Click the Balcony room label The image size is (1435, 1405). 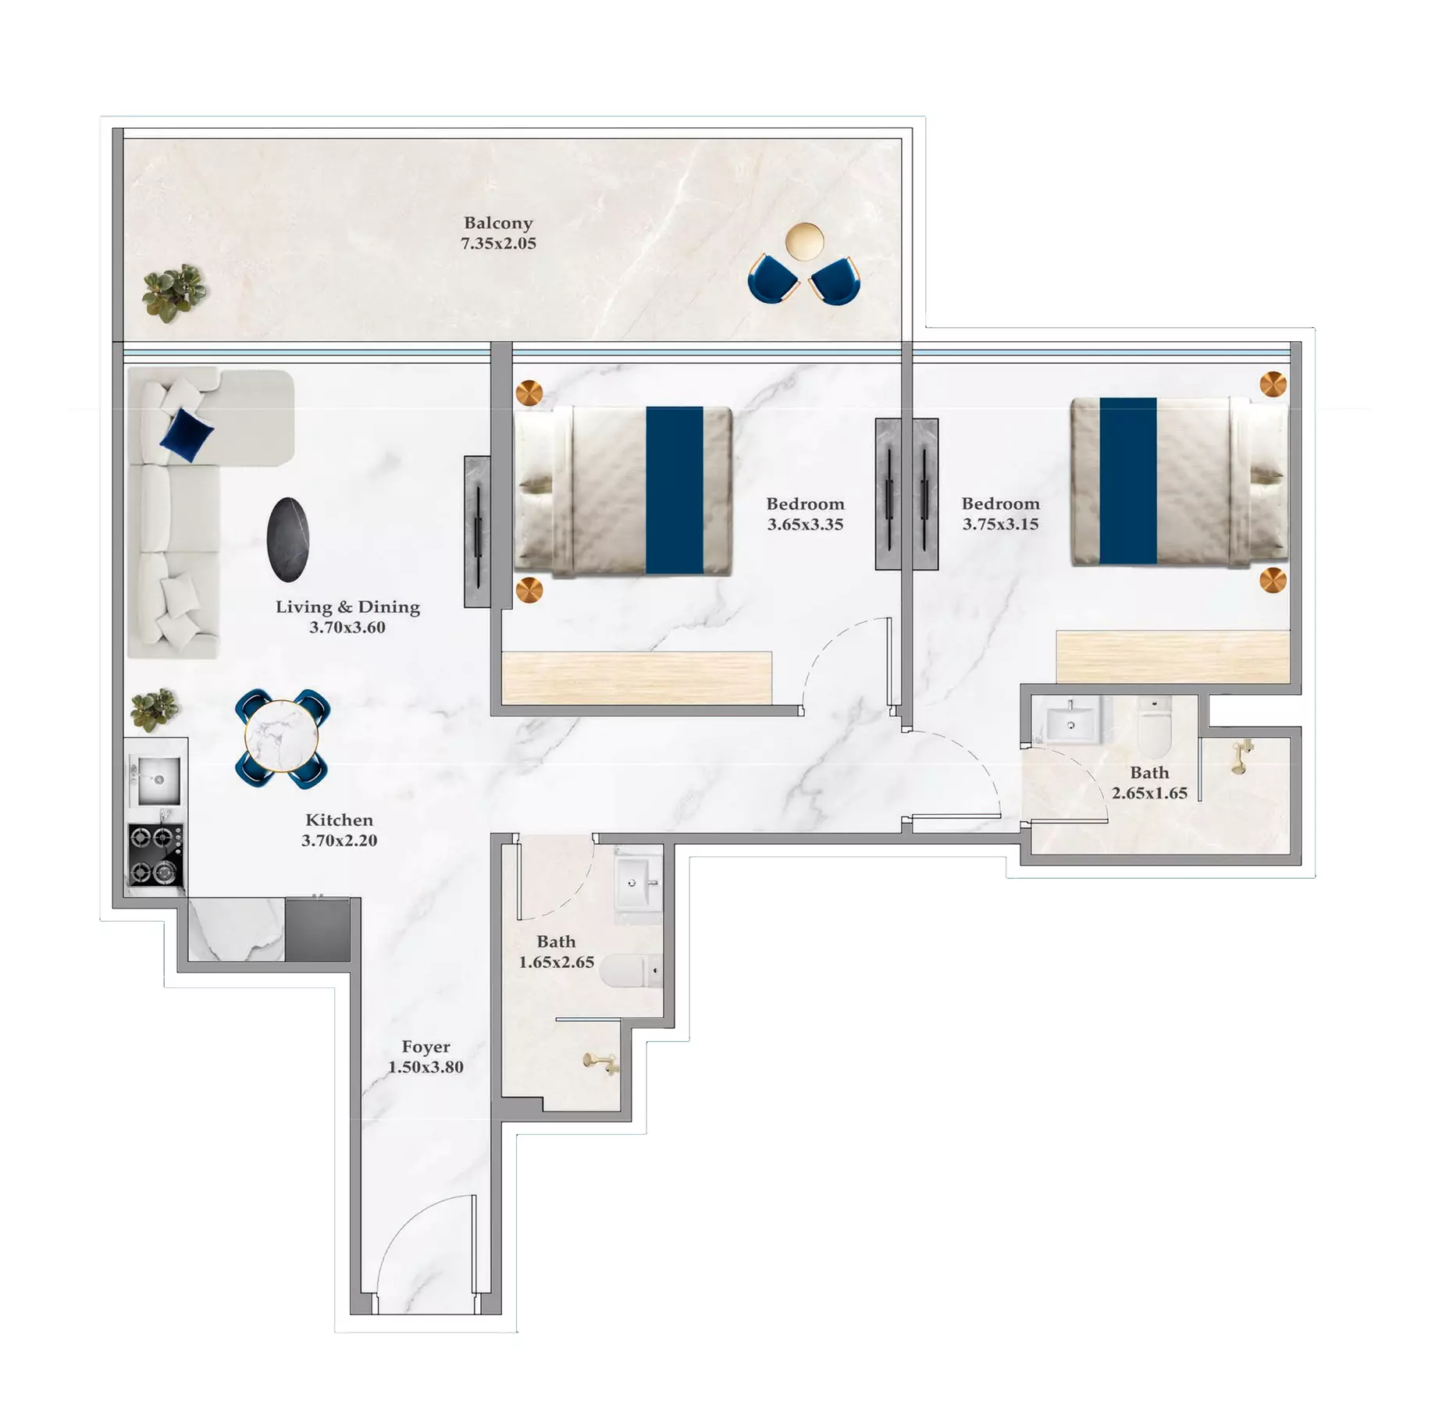498,223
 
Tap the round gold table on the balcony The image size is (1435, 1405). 804,240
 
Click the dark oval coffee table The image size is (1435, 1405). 288,539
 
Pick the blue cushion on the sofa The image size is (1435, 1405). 187,434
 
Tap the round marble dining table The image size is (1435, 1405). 281,736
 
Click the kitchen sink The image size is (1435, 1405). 158,780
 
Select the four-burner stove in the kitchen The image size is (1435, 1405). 156,855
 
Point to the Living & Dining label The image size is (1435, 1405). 347,606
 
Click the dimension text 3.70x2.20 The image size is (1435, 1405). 340,841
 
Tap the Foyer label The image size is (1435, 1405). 426,1046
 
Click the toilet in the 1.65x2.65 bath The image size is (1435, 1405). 631,971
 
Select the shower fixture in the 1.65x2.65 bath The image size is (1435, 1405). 601,1062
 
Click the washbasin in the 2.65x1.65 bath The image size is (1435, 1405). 1070,721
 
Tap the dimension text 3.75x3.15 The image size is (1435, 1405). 1000,525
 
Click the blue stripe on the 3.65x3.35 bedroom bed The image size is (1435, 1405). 675,490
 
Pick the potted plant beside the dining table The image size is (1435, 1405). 154,710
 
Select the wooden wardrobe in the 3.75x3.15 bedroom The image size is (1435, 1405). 1173,656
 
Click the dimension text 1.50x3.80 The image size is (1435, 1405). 426,1067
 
